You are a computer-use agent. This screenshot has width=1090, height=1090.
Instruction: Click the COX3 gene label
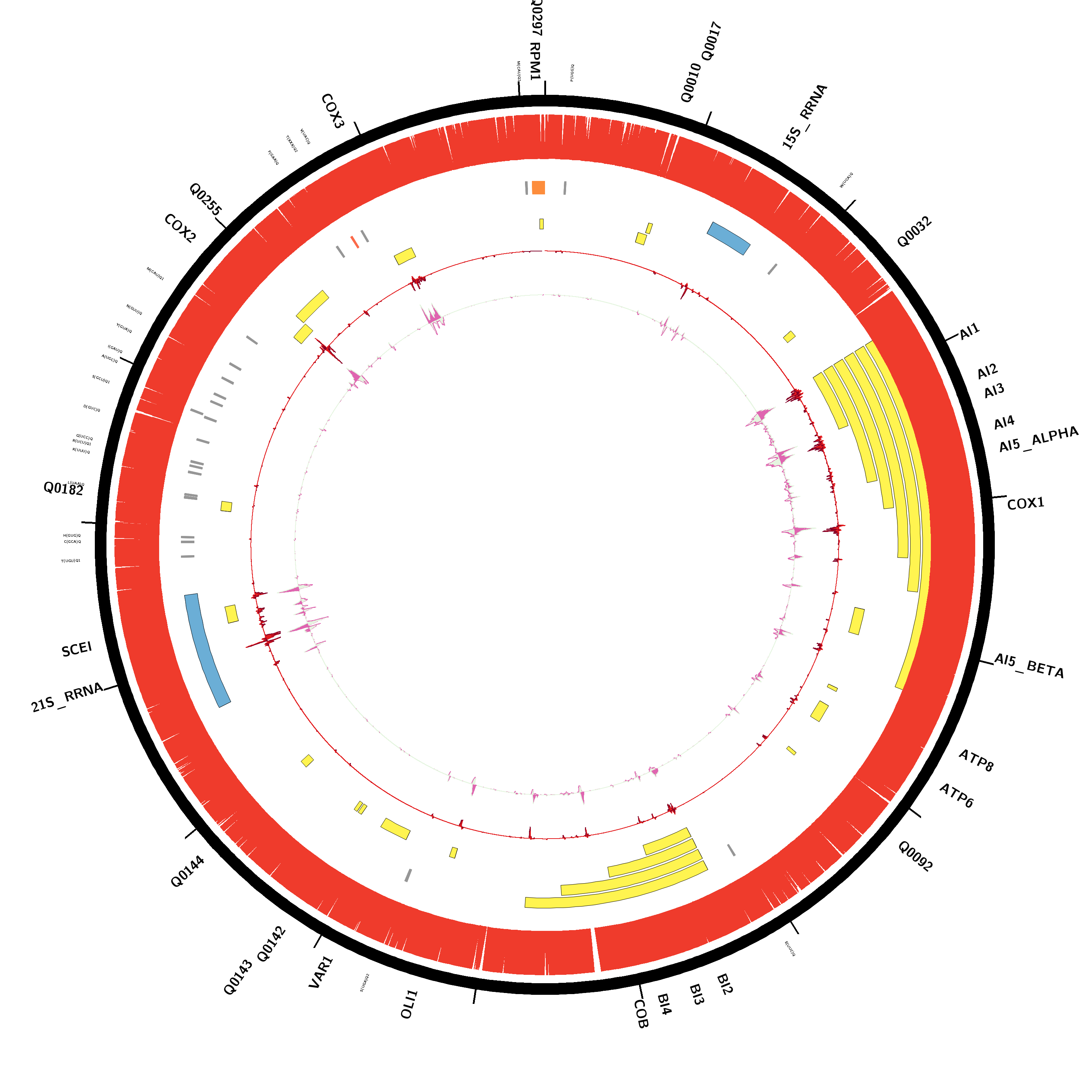332,111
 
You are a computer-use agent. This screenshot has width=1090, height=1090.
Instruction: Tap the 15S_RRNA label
804,116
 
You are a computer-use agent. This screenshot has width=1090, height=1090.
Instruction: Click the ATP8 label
976,760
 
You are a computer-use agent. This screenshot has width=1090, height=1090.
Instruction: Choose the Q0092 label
915,856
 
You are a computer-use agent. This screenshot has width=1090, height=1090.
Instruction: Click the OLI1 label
409,1004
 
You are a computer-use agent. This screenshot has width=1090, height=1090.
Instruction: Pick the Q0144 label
187,871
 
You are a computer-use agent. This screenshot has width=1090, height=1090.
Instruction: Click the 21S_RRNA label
67,697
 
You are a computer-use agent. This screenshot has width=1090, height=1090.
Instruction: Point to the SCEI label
77,649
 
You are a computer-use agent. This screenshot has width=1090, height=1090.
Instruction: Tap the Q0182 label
63,489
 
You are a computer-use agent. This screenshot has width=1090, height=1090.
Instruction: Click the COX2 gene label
180,229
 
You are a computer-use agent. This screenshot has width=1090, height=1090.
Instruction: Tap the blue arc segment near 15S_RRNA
728,238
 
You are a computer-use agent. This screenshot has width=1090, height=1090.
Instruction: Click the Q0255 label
205,199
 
